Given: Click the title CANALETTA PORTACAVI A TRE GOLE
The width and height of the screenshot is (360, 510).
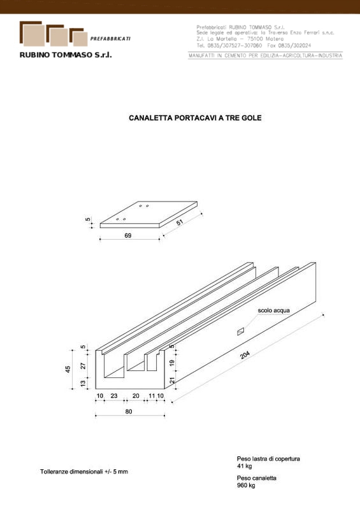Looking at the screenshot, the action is tap(195, 118).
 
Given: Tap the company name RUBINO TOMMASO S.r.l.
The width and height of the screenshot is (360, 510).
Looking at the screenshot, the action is tap(66, 55).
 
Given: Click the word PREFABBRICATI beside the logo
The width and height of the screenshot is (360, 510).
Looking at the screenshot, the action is tap(110, 39).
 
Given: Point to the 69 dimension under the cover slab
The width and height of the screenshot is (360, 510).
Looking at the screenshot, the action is tap(128, 235).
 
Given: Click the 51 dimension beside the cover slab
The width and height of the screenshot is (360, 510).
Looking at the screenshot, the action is tap(180, 222).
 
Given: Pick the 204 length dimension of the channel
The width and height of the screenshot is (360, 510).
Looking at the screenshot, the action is tap(245, 355).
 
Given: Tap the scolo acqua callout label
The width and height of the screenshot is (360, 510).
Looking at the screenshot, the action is tap(273, 310).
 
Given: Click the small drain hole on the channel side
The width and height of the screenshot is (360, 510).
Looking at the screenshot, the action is tap(240, 331).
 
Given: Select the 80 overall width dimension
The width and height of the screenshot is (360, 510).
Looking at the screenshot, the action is tap(129, 411).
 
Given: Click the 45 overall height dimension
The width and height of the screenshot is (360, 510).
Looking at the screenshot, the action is tap(68, 369).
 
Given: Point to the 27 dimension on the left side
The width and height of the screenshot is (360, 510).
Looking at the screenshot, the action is tap(83, 365).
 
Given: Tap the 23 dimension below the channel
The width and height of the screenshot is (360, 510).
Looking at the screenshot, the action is tap(114, 396).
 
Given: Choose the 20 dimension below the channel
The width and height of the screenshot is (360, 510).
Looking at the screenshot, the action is tap(136, 396).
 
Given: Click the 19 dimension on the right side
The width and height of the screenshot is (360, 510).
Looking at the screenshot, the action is tap(172, 362).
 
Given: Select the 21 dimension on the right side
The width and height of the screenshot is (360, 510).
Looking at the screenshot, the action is tap(172, 380).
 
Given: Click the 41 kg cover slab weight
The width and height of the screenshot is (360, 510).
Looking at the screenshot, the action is tap(244, 466).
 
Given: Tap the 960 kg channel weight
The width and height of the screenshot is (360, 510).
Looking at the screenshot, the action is tap(246, 485).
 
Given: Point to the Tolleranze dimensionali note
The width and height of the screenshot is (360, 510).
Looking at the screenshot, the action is tap(84, 472).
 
